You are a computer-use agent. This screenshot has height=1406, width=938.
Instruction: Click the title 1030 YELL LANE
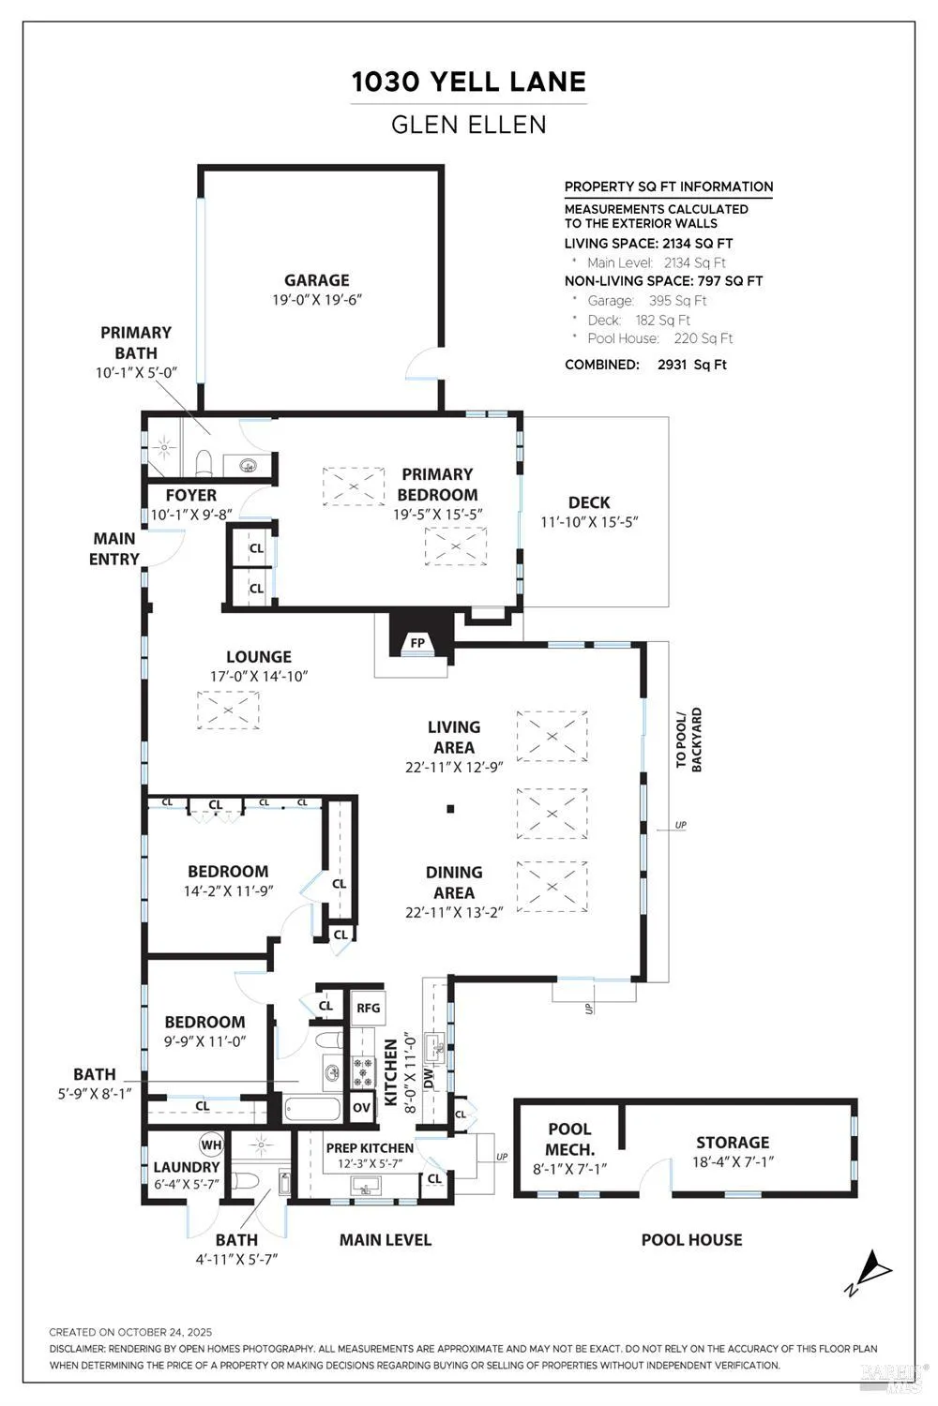(x=469, y=82)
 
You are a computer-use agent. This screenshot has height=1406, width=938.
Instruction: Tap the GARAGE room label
(x=317, y=280)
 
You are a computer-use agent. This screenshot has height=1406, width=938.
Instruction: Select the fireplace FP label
(x=417, y=643)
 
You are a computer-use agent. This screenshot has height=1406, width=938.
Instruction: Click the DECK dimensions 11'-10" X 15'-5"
(x=589, y=522)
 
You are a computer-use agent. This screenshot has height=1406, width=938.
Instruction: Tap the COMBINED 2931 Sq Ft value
(x=691, y=365)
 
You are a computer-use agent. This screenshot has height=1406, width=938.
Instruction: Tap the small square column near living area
(x=450, y=809)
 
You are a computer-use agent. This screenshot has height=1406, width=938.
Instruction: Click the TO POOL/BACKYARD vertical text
(x=688, y=740)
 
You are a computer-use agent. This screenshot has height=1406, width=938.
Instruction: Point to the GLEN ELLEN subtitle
(x=469, y=125)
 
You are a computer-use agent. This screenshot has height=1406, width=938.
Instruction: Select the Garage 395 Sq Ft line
(x=646, y=301)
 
